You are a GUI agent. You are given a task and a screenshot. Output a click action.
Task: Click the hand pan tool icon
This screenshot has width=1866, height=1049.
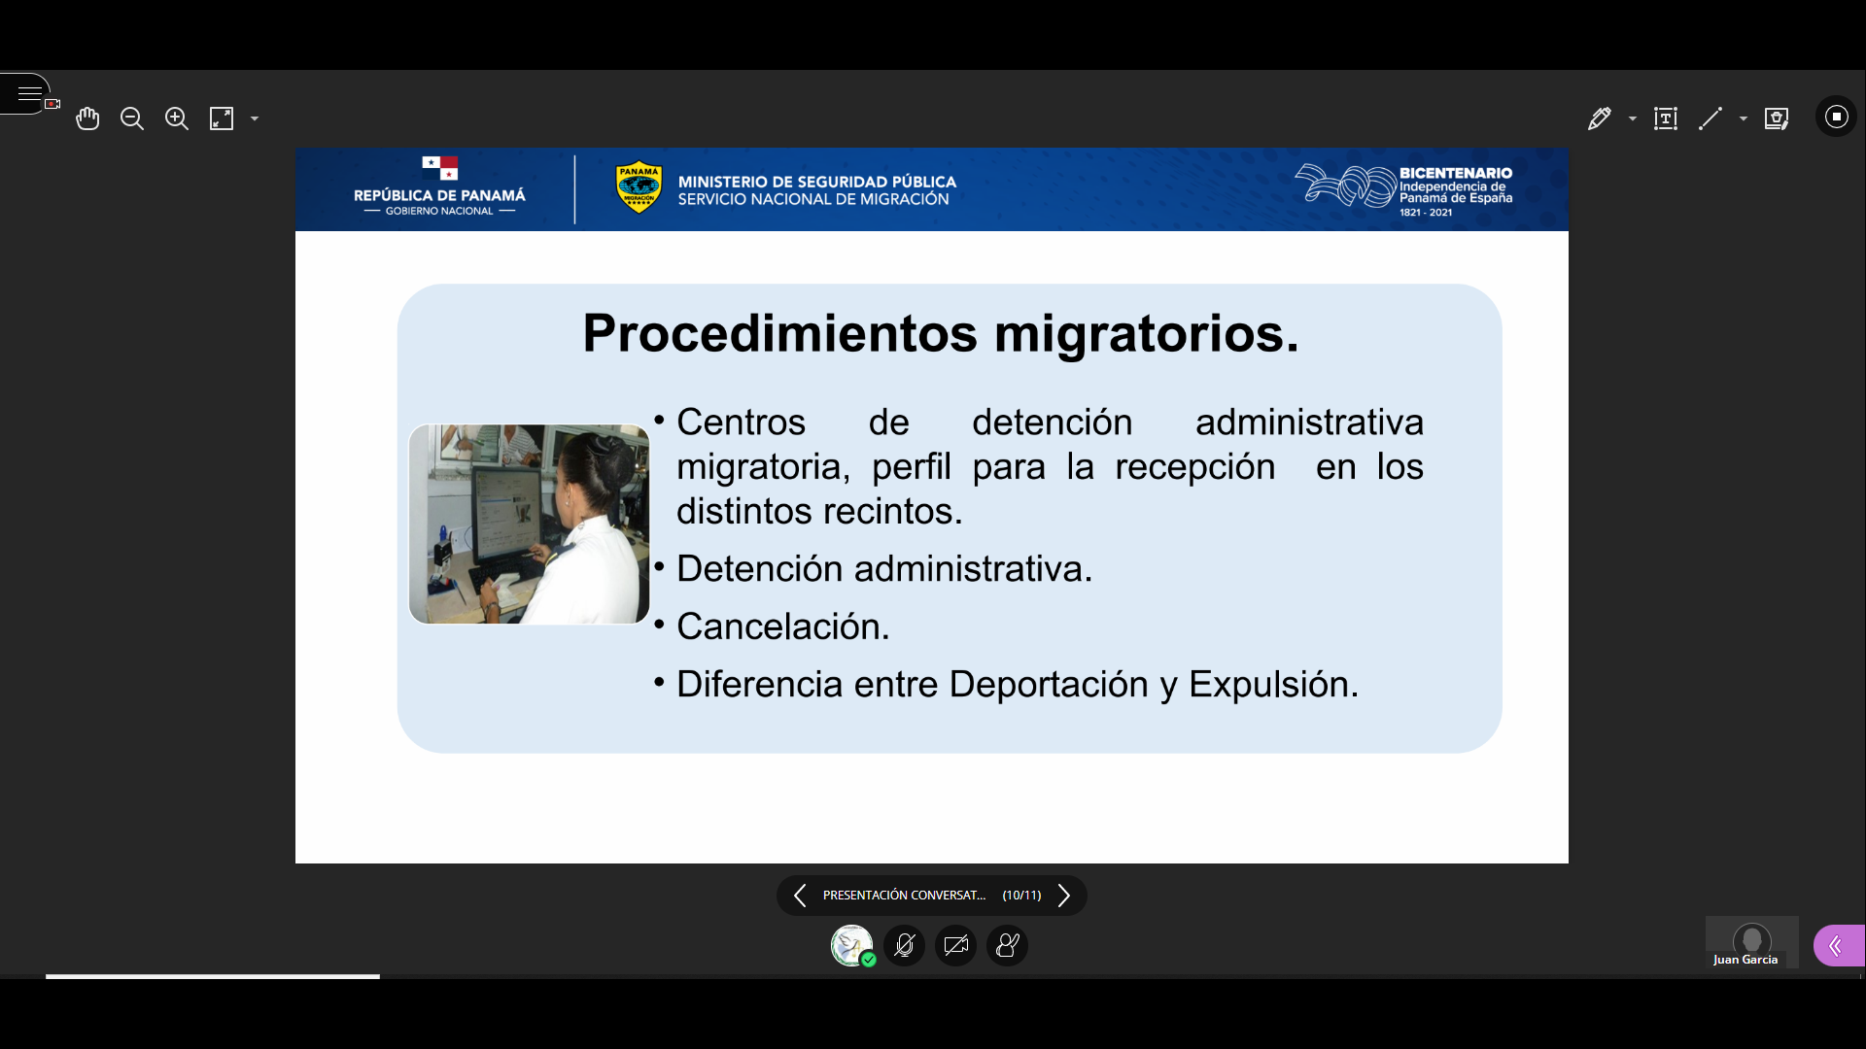pos(87,118)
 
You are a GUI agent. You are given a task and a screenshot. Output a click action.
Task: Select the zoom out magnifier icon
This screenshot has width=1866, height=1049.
pos(132,118)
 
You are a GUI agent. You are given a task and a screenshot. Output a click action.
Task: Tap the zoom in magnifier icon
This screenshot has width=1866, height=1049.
pos(177,118)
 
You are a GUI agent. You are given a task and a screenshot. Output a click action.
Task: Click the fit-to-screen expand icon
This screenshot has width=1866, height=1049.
pos(222,118)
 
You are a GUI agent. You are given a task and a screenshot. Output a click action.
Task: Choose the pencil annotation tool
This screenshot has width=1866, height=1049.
pos(1600,118)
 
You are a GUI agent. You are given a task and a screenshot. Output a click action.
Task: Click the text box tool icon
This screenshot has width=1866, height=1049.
pos(1666,118)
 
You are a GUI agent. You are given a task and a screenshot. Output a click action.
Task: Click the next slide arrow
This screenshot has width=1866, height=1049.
pos(1064,896)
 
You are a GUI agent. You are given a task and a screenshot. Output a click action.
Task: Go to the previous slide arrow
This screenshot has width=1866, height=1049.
pos(800,896)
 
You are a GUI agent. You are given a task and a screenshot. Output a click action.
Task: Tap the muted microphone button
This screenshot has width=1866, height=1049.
pos(904,945)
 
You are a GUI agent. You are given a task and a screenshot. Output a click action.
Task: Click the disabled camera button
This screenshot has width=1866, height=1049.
pos(956,945)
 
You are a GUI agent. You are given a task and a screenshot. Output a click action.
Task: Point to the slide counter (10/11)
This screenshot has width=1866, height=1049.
pos(1021,896)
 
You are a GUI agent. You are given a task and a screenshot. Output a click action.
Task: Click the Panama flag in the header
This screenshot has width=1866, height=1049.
pos(440,168)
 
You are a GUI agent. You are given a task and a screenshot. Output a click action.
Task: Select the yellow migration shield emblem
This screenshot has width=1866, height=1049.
pos(639,186)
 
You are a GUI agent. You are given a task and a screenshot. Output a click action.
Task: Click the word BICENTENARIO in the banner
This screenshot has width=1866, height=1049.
pos(1456,173)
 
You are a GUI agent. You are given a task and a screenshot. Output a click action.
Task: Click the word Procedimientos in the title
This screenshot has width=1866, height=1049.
pos(780,333)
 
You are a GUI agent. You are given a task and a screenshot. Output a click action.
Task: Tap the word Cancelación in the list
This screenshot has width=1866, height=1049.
pos(783,626)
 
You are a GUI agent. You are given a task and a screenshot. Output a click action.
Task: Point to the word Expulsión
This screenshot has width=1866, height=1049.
pos(1274,685)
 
